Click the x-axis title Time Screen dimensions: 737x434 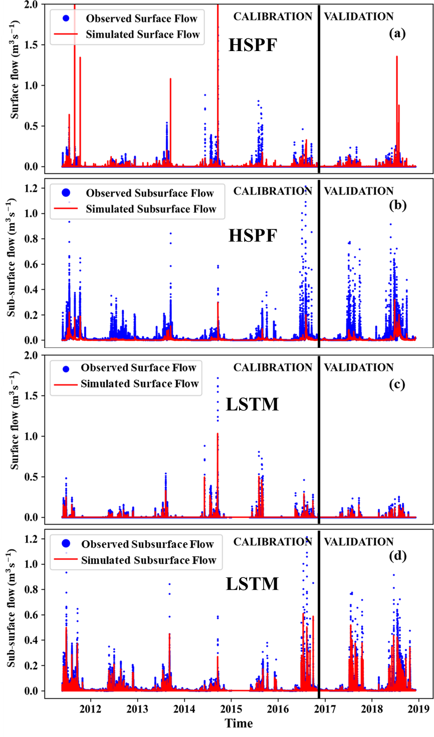239,723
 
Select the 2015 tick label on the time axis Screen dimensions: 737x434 231,708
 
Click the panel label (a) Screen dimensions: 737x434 397,34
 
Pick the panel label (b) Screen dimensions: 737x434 397,205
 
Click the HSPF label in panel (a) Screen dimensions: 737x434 253,46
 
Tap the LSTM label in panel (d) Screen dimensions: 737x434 252,584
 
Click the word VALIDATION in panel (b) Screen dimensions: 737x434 358,191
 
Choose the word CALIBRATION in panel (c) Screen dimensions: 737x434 273,367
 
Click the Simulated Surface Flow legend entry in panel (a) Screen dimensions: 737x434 143,35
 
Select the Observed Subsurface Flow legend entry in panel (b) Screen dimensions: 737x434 149,193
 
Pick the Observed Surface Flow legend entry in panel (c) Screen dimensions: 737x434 138,368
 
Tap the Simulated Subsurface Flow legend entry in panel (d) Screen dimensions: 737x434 148,560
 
